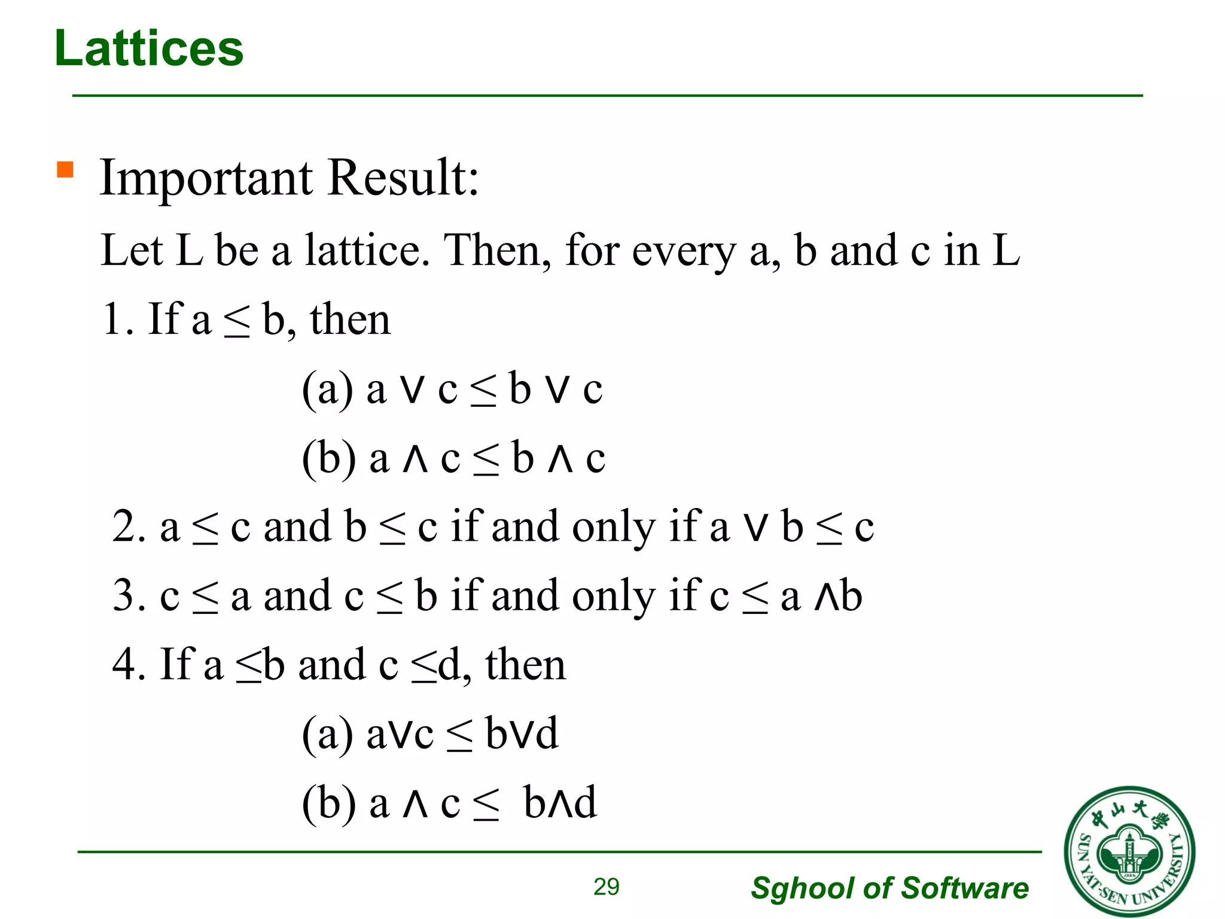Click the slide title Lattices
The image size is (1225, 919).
click(149, 48)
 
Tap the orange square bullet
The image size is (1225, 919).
click(65, 170)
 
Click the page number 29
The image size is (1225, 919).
click(606, 887)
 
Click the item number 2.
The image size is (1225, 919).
click(129, 527)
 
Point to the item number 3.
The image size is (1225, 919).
click(129, 596)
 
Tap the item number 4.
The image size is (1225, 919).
click(129, 665)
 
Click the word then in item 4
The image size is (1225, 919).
click(525, 665)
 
